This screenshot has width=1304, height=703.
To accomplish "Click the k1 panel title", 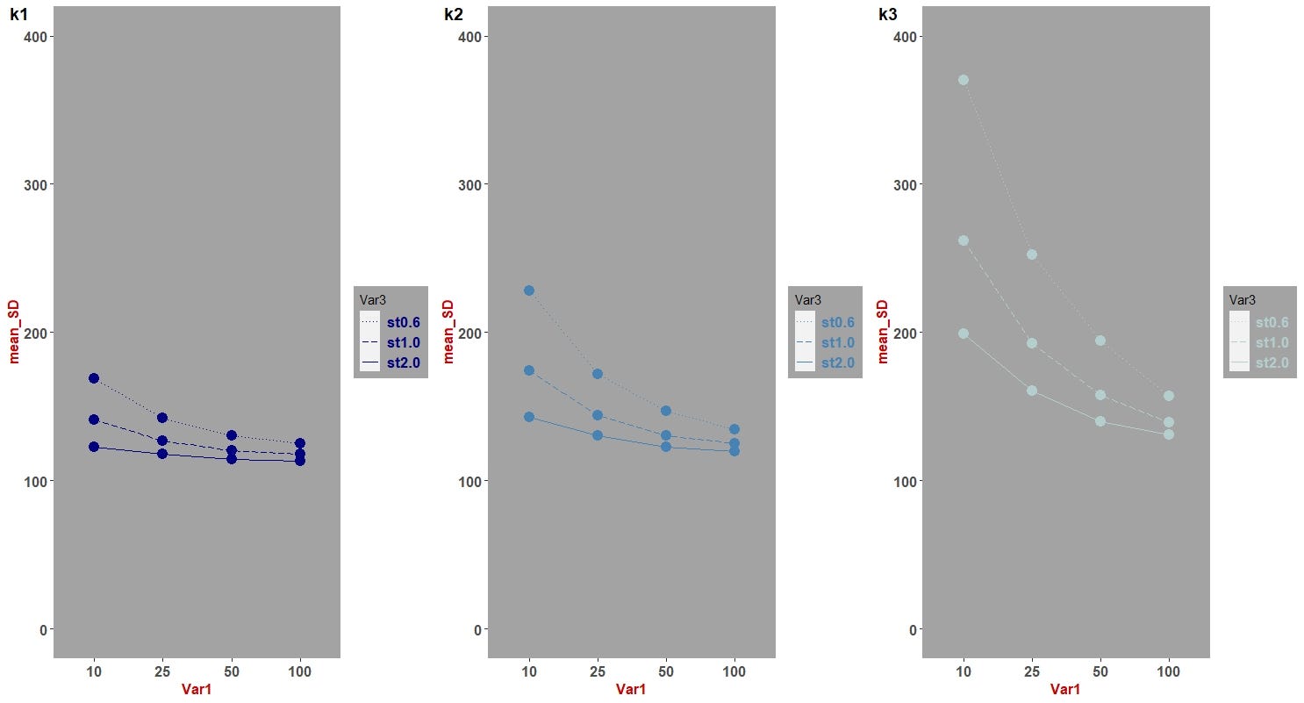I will (18, 14).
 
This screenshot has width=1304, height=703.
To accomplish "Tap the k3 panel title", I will (888, 14).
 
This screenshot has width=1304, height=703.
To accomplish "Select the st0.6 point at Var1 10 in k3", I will (964, 80).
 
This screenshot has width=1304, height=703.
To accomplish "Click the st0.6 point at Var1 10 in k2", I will (529, 291).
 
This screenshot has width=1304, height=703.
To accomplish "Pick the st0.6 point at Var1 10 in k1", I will (94, 378).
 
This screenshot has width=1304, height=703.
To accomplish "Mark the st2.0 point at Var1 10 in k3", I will (964, 334).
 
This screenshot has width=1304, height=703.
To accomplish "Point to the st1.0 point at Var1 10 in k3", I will (964, 240).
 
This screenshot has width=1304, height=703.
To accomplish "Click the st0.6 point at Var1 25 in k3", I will (1032, 255).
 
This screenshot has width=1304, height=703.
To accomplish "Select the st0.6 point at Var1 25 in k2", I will (598, 374).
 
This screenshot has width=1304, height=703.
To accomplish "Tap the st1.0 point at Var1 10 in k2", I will (529, 370).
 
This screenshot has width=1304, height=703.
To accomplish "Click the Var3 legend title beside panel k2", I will (808, 300).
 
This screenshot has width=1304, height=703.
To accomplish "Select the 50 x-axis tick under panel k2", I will (666, 671).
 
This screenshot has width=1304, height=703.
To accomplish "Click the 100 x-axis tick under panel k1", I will (300, 671).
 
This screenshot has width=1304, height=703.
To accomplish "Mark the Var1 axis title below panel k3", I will (1066, 690).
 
